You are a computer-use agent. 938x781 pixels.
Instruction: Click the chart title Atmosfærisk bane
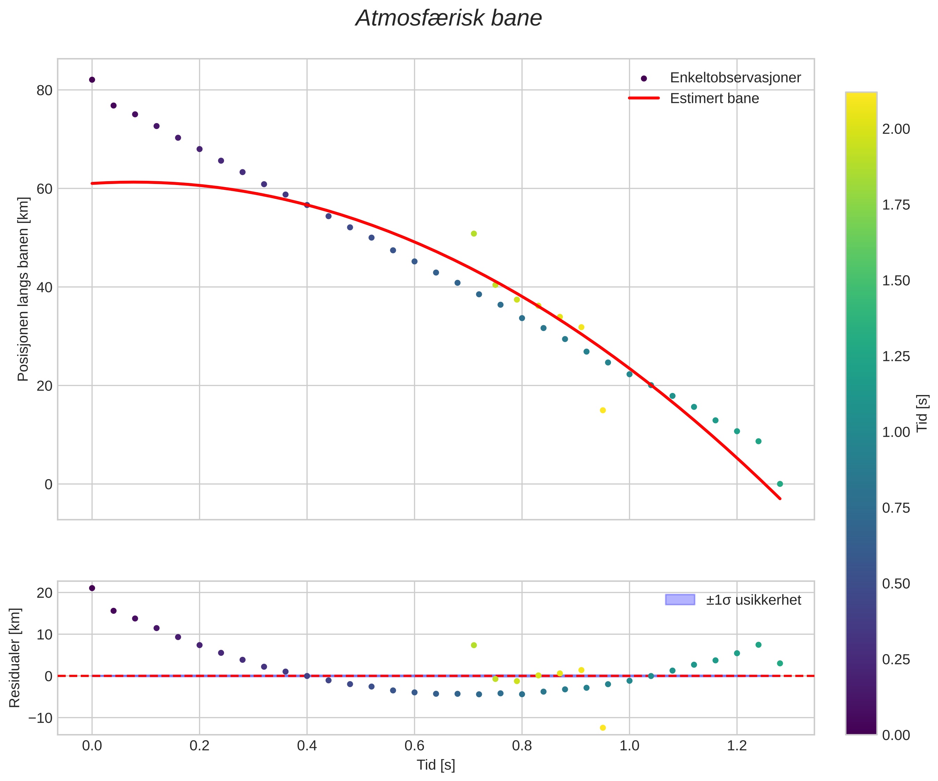coord(448,19)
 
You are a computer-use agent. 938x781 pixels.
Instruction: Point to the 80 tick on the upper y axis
coord(44,90)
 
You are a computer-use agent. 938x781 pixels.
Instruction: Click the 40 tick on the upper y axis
coord(44,287)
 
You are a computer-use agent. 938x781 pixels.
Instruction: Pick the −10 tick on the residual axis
coord(40,718)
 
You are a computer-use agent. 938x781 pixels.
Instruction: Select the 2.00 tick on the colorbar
coord(896,129)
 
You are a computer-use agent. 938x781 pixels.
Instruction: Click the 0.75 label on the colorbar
coord(896,508)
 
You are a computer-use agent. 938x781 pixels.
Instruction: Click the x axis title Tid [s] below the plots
coord(436,765)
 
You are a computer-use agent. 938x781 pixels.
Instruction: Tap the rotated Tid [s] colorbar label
coord(922,413)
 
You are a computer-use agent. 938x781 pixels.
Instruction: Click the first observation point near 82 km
coord(92,80)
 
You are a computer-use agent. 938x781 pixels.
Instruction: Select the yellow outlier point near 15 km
coord(603,410)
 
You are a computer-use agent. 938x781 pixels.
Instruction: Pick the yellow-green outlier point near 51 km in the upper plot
coord(474,234)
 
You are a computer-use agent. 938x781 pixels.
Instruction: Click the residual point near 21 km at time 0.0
coord(92,588)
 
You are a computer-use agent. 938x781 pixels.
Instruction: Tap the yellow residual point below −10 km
coord(603,728)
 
